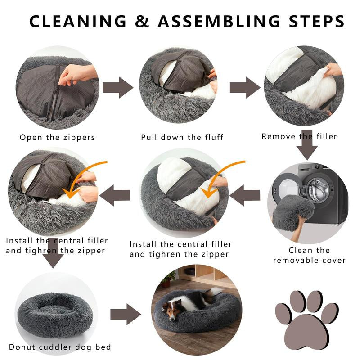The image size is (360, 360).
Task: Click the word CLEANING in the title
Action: coord(78,21)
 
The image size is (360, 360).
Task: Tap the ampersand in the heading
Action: coord(142,21)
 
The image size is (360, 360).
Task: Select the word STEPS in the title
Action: coord(317,21)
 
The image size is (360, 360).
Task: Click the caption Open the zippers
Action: coord(57,138)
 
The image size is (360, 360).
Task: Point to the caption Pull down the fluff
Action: coord(182,137)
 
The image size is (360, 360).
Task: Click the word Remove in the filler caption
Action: coord(278,136)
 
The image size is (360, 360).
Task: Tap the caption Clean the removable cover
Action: coord(309,255)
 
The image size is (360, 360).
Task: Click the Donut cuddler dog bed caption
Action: coord(60,347)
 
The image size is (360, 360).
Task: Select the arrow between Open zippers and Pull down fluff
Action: coord(118,87)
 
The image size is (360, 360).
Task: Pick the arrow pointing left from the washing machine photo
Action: coord(245,195)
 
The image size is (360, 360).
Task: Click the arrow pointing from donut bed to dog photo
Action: coord(126,314)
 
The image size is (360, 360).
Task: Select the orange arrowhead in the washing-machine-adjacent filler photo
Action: coord(208,192)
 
